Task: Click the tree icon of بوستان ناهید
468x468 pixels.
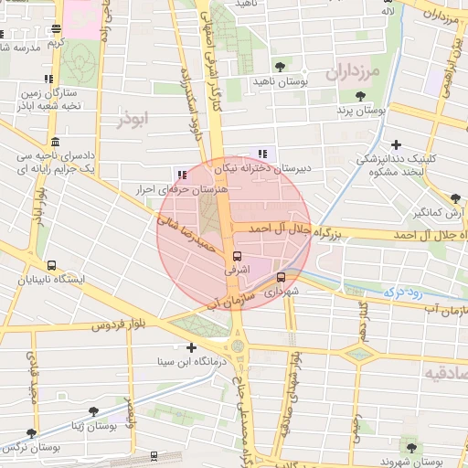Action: pyautogui.click(x=280, y=67)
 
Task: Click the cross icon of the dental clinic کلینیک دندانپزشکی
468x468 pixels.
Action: pyautogui.click(x=396, y=144)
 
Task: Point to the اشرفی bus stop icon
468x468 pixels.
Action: pyautogui.click(x=238, y=257)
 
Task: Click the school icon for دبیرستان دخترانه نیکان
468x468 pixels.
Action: pyautogui.click(x=262, y=154)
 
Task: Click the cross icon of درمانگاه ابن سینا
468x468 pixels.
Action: pyautogui.click(x=190, y=347)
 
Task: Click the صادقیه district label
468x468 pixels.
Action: pyautogui.click(x=446, y=375)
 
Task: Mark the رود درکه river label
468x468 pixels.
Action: pyautogui.click(x=400, y=292)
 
